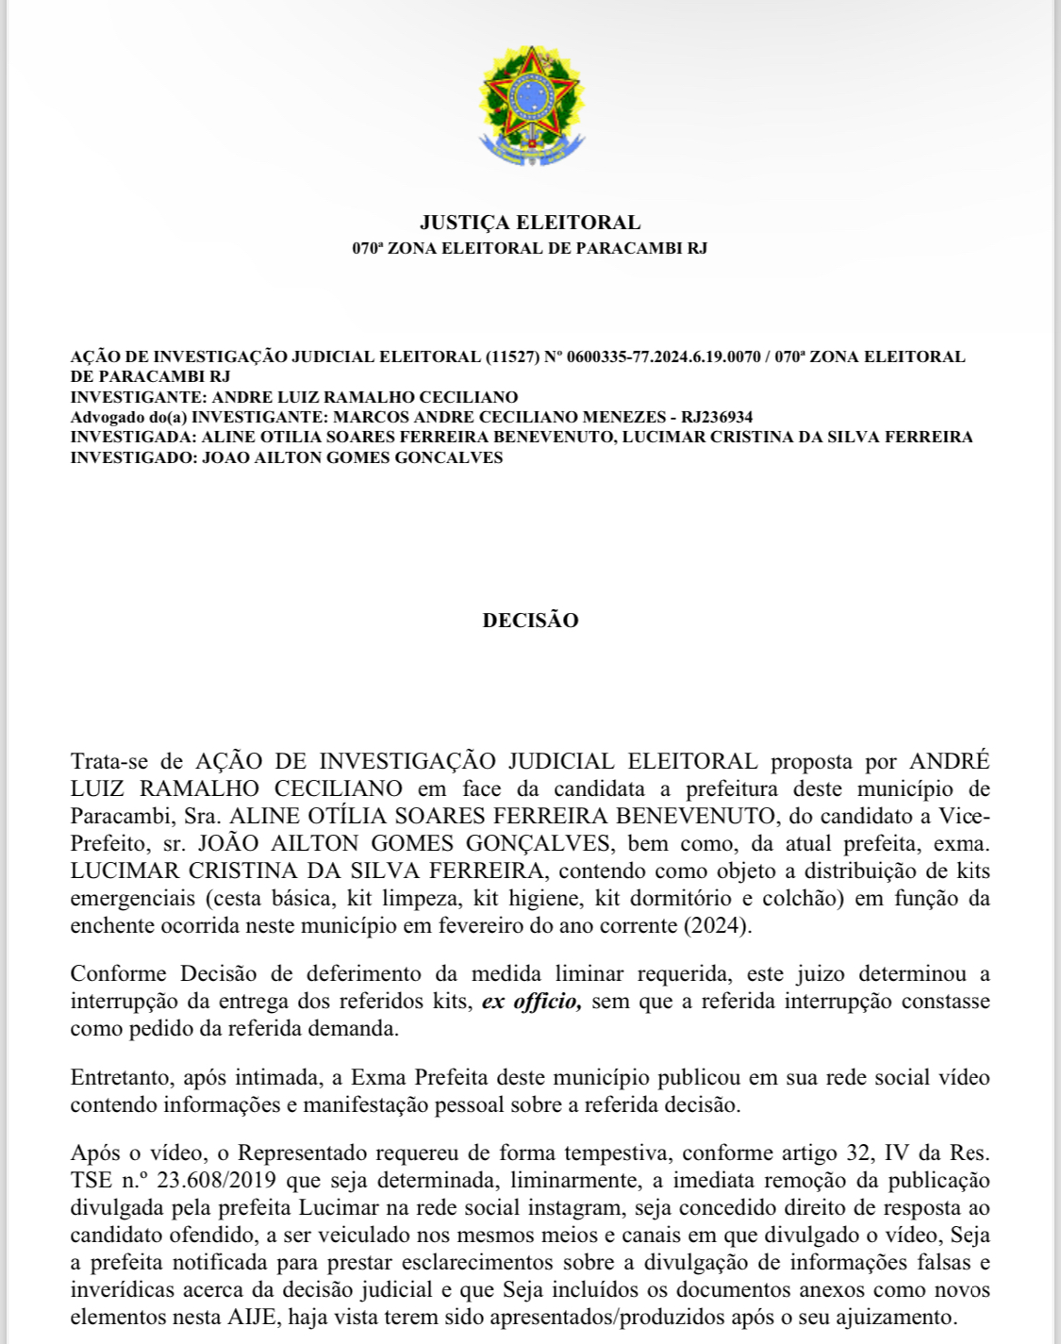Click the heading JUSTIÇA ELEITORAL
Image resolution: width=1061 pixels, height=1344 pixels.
530,223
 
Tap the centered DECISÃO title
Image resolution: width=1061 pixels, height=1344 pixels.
530,621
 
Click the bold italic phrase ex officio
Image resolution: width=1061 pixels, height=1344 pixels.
531,1001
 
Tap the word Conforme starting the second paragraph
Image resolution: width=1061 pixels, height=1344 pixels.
118,973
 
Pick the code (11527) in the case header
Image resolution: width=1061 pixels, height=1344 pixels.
512,357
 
